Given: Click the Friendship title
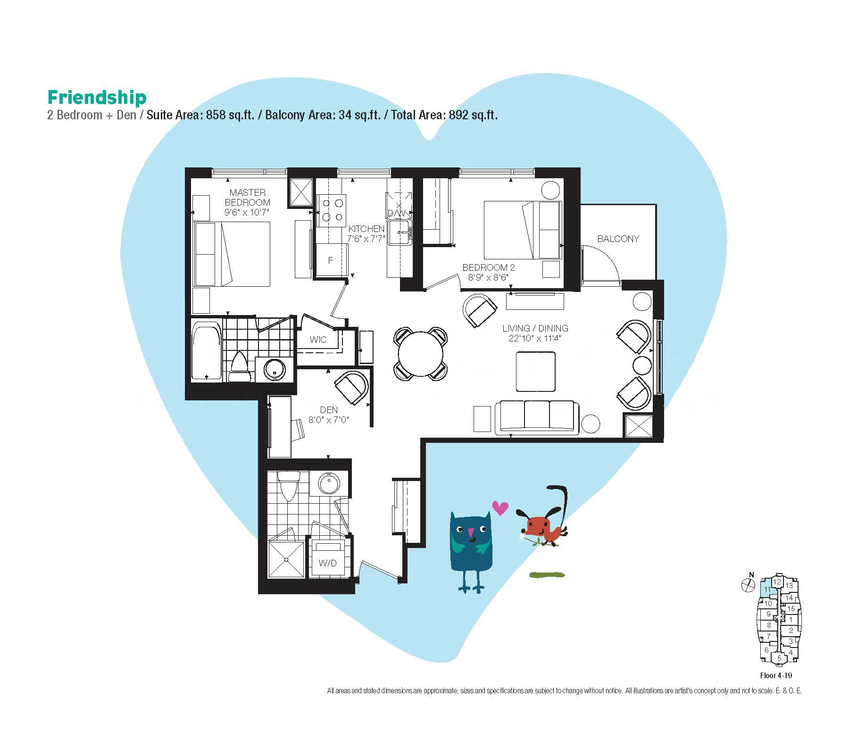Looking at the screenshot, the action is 97,98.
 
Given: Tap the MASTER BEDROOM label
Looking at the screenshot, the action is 248,197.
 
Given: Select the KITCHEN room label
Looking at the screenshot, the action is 366,229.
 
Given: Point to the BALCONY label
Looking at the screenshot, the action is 618,239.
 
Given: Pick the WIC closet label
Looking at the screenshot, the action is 318,340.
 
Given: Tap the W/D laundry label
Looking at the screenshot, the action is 327,563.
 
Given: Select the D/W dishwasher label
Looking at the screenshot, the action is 397,213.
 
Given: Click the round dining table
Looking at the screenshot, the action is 421,354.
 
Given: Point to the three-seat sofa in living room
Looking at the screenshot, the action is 537,417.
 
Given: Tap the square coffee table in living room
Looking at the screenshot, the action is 536,372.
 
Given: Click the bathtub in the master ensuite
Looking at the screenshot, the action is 207,351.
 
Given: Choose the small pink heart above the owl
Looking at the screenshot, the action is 500,507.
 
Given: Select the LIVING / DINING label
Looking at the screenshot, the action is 535,328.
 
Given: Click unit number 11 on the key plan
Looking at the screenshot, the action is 767,590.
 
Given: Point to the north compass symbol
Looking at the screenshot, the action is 748,585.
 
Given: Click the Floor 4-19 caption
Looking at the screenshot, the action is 775,675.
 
